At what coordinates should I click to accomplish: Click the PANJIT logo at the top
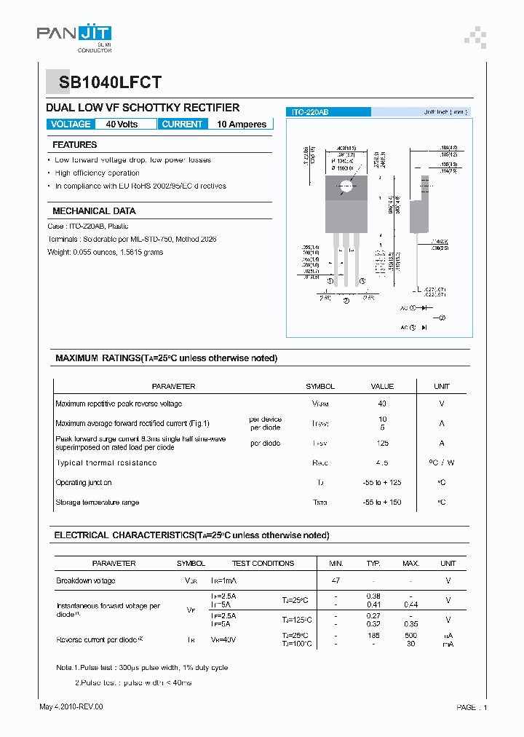(74, 34)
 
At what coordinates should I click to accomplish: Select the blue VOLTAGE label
(71, 125)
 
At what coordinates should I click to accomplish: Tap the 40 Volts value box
(122, 125)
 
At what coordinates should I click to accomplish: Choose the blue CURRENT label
(182, 125)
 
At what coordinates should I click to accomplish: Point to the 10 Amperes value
(242, 125)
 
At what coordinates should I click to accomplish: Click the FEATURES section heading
(75, 145)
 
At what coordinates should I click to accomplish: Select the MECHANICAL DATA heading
(94, 211)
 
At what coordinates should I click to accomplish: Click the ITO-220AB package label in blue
(310, 112)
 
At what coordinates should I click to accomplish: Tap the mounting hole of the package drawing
(346, 187)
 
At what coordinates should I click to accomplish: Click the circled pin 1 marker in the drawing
(330, 281)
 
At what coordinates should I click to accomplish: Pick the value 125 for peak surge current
(382, 444)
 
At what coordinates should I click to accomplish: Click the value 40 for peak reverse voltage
(382, 403)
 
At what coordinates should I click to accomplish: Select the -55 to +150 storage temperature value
(382, 502)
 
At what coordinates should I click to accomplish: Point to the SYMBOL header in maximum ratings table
(320, 387)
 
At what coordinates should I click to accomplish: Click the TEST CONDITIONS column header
(263, 564)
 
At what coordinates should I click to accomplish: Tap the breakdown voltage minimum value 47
(336, 581)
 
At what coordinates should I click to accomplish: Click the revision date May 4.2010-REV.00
(71, 707)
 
